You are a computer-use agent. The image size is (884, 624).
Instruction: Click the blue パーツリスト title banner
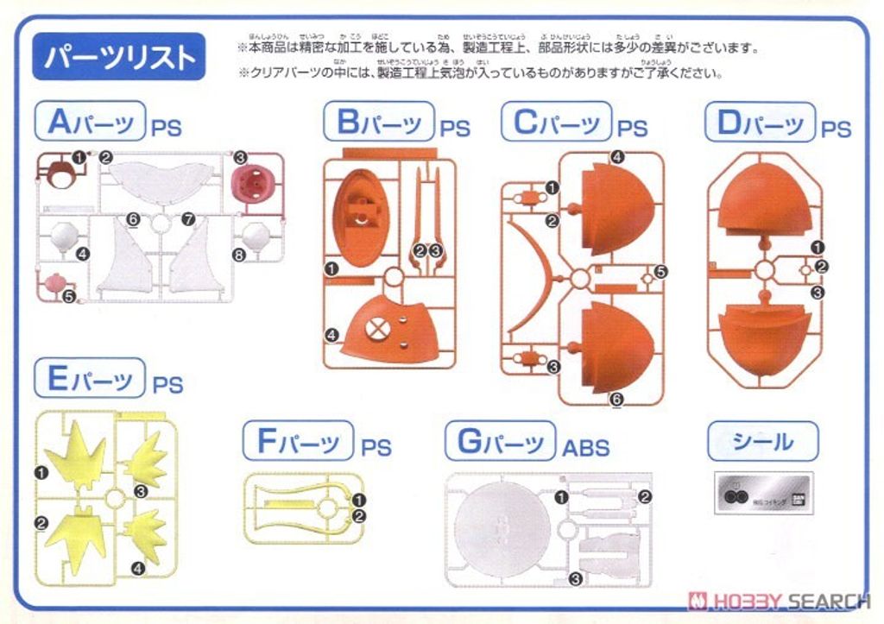point(119,57)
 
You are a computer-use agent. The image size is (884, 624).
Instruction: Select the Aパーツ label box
point(90,122)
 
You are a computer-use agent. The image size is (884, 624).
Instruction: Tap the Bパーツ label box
point(378,122)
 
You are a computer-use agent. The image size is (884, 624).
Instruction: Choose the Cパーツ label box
point(556,122)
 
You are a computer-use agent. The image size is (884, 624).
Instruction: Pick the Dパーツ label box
point(760,122)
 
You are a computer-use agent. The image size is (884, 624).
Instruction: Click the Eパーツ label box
point(90,379)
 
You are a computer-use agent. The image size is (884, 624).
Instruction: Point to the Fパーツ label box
point(298,442)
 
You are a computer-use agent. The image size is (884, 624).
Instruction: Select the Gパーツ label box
point(500,442)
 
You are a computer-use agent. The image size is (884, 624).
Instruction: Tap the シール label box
point(762,442)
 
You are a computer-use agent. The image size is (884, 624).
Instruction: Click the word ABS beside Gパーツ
point(586,448)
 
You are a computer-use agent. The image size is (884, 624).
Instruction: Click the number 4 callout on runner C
point(617,156)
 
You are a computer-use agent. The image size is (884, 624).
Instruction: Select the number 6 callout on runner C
point(616,399)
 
